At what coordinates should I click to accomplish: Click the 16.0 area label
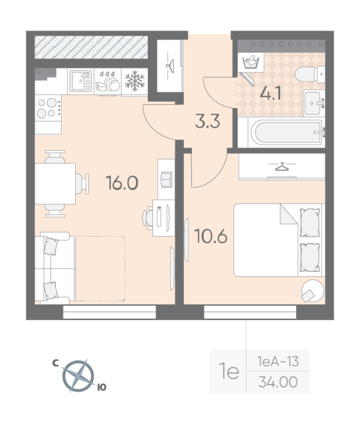(x=122, y=183)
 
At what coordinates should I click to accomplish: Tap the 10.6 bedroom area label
(x=211, y=235)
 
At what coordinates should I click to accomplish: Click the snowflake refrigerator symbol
(x=134, y=82)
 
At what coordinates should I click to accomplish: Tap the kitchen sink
(x=81, y=82)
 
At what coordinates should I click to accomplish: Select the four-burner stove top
(x=47, y=108)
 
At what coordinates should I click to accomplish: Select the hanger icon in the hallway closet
(x=170, y=65)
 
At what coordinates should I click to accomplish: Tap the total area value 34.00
(x=277, y=381)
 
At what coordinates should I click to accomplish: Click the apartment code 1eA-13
(x=277, y=361)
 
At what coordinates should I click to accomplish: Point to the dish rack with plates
(x=108, y=82)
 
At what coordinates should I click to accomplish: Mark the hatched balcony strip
(x=90, y=47)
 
